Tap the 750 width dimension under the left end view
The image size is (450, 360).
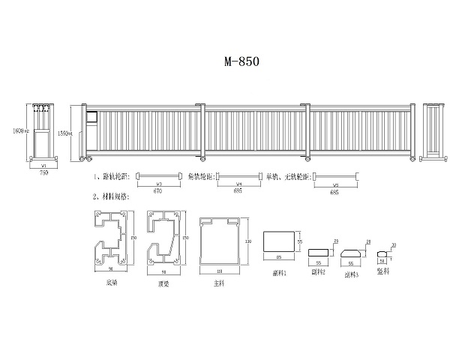[43, 172]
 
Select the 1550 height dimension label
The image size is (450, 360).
[64, 133]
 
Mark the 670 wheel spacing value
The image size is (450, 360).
[158, 191]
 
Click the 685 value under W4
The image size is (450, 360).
[238, 191]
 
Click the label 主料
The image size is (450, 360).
[217, 283]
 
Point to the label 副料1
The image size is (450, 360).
[280, 274]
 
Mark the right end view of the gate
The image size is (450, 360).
[433, 131]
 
